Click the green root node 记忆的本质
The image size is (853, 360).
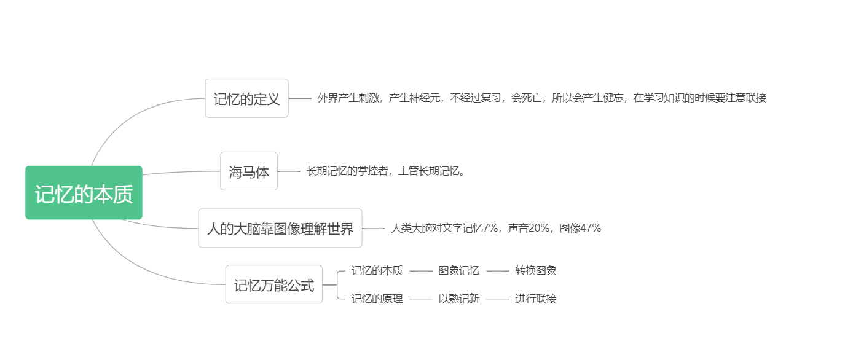(x=84, y=193)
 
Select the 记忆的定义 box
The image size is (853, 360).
(x=246, y=98)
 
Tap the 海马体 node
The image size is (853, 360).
(x=249, y=171)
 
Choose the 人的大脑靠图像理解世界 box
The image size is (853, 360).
(x=280, y=229)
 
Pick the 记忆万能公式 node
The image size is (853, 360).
(x=273, y=284)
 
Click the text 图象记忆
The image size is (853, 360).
(x=458, y=270)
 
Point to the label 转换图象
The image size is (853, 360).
(x=535, y=270)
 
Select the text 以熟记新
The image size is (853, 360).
(x=458, y=299)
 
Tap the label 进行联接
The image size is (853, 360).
(x=535, y=299)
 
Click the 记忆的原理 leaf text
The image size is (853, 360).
(x=377, y=299)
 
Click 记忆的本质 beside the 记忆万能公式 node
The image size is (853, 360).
(x=377, y=270)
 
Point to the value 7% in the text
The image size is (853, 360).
(x=490, y=229)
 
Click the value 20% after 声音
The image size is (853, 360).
(x=539, y=229)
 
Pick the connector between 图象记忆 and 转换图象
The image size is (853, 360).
(x=498, y=270)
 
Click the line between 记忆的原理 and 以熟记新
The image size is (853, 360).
(x=421, y=299)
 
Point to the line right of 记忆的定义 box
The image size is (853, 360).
(x=300, y=98)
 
